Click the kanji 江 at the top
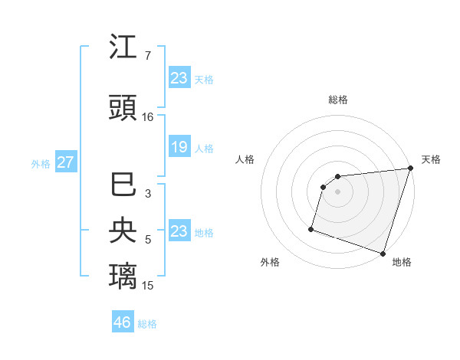123,48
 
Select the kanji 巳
123,186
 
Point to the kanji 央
123,231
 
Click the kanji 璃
123,276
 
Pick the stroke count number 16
148,117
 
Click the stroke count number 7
147,57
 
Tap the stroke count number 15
148,285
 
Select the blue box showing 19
179,147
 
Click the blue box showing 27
65,163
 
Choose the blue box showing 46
123,323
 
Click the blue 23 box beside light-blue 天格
179,78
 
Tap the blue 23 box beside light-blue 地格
179,231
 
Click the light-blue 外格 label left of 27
41,164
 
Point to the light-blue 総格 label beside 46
147,324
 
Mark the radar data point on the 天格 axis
410,169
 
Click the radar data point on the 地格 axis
383,253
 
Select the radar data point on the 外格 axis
311,228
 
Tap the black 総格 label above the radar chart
338,100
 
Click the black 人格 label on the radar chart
245,159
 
